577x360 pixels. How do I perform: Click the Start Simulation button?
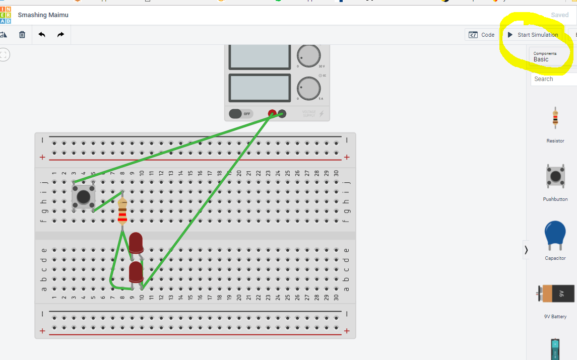click(x=533, y=35)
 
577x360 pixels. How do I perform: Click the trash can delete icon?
click(x=22, y=35)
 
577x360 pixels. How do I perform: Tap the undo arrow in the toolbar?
click(x=42, y=35)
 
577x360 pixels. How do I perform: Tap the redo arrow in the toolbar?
click(x=60, y=35)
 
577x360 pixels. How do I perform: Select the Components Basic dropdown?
click(x=551, y=56)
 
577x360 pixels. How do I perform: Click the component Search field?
click(x=553, y=79)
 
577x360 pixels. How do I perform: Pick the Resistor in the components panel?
click(x=555, y=117)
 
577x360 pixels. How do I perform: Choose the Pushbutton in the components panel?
click(x=555, y=176)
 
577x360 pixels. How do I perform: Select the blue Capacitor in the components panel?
click(x=555, y=235)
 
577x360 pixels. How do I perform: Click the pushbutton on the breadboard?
click(x=84, y=196)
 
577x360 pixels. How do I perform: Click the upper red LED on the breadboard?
click(x=136, y=243)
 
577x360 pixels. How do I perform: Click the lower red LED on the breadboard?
click(x=136, y=272)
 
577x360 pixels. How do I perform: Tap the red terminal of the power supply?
click(x=272, y=114)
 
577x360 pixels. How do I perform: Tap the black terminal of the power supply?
click(x=282, y=114)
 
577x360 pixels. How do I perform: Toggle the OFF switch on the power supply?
click(x=240, y=114)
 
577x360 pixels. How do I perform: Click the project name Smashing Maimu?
click(x=43, y=15)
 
